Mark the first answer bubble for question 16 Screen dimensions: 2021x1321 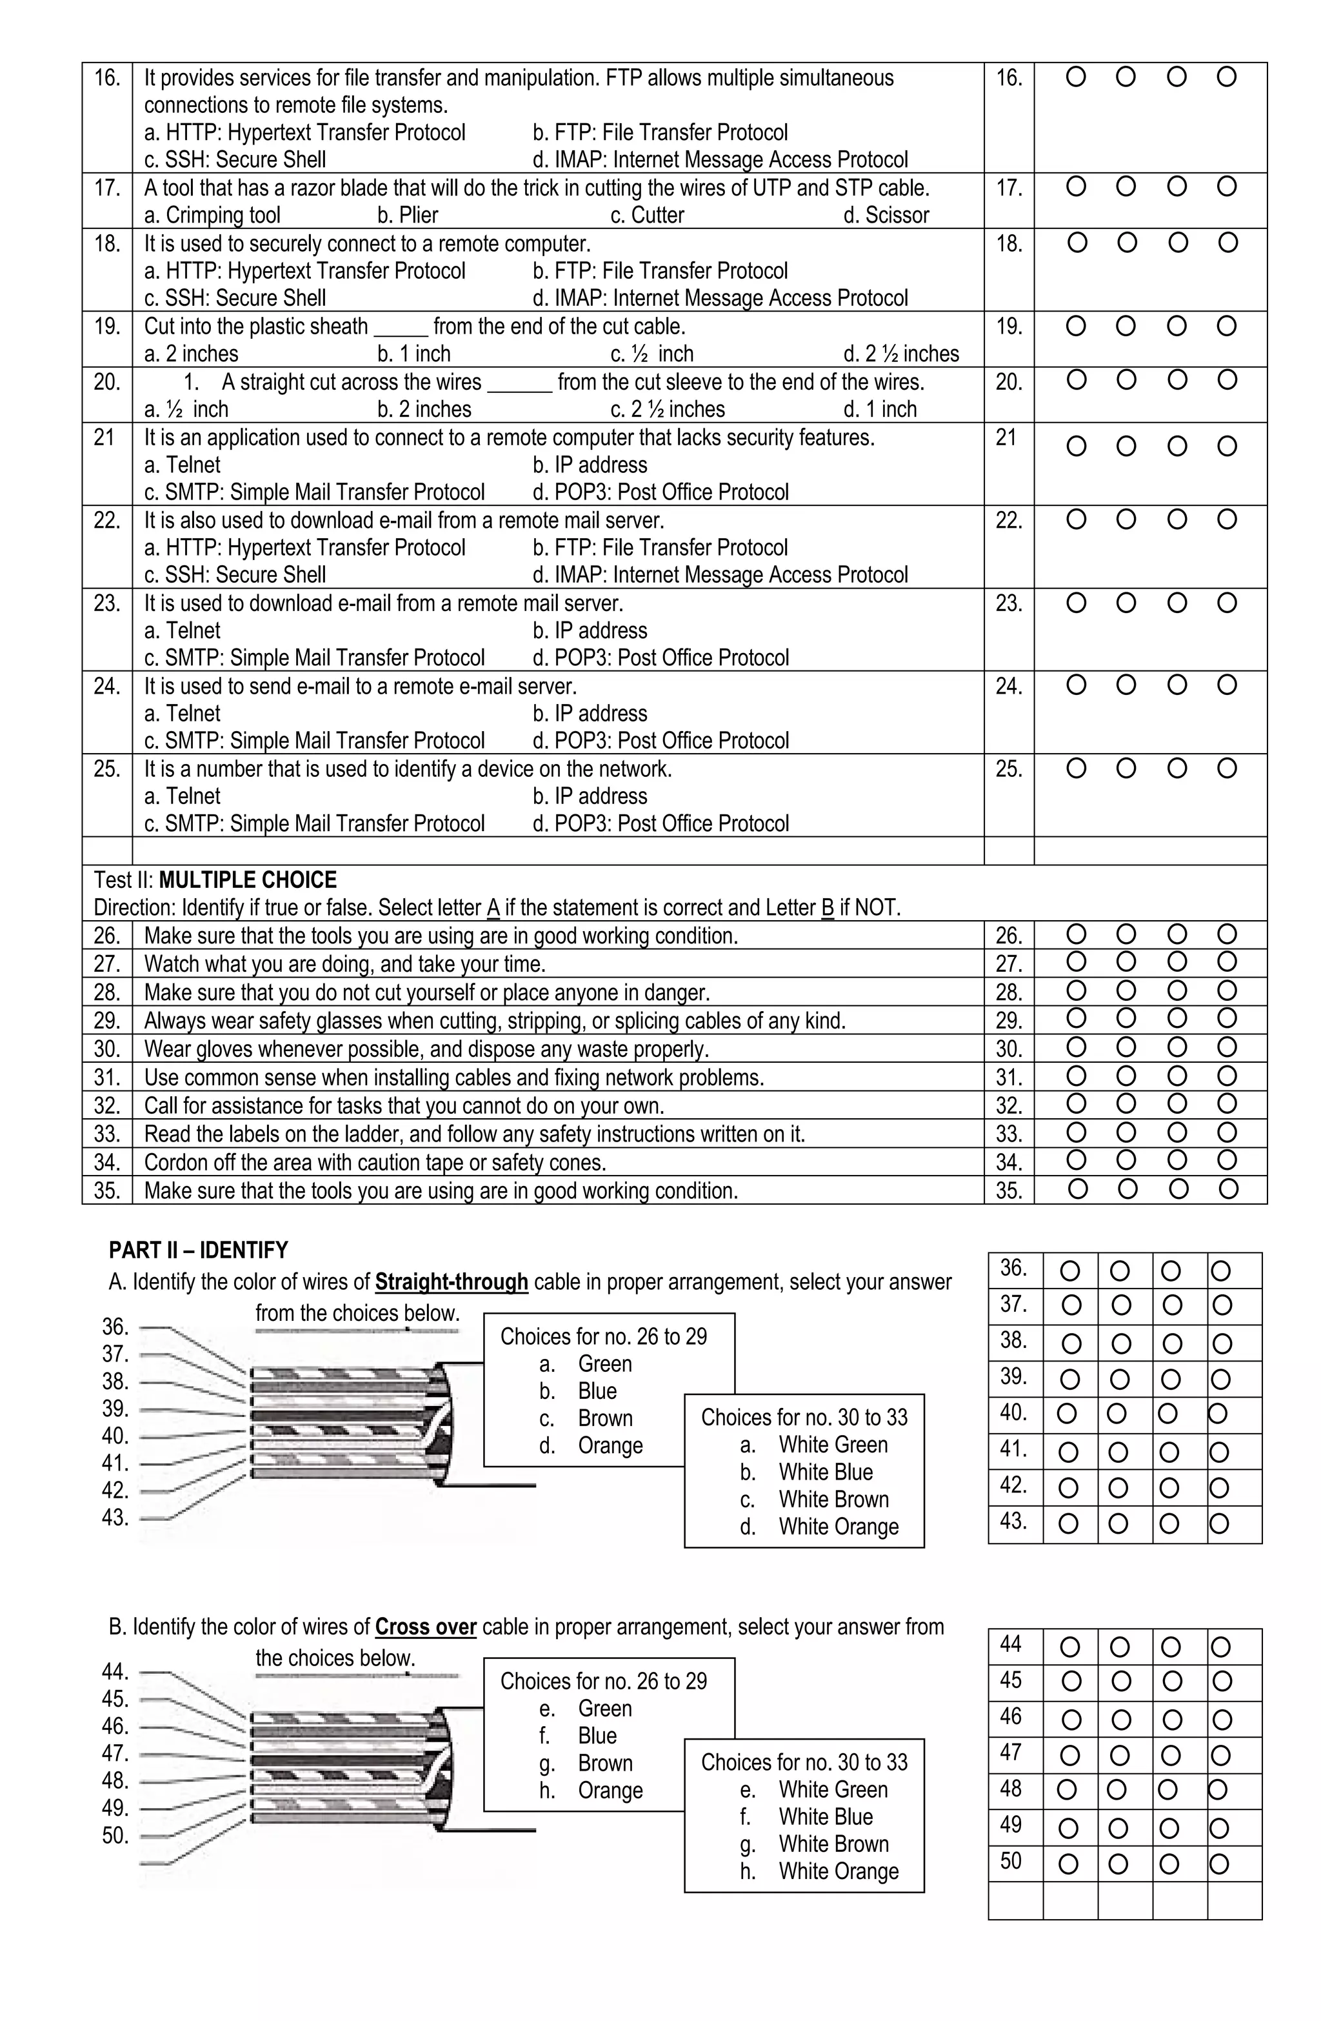(x=1075, y=77)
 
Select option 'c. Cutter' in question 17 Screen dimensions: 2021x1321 (x=647, y=216)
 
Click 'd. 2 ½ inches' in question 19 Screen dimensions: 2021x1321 (x=900, y=354)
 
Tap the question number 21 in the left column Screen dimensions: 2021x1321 (x=104, y=438)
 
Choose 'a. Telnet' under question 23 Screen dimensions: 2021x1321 (x=182, y=631)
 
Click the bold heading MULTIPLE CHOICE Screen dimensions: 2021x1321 (x=247, y=880)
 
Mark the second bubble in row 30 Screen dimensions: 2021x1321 (x=1126, y=1047)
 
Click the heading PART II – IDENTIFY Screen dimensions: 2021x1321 (x=199, y=1250)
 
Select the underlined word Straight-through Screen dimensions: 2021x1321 (x=452, y=1282)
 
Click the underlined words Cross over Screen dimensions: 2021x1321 (x=425, y=1627)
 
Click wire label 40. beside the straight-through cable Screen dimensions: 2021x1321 (x=115, y=1436)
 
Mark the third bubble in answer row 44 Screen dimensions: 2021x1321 (x=1170, y=1647)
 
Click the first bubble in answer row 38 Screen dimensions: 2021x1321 (x=1071, y=1343)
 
